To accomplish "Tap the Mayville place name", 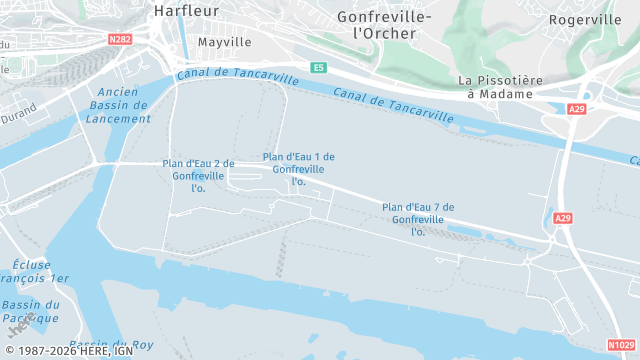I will point(224,42).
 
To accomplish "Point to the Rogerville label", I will point(585,19).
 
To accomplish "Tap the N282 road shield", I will point(120,40).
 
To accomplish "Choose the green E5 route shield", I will point(318,67).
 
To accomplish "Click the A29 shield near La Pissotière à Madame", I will point(576,109).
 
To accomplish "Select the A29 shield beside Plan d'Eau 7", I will point(563,218).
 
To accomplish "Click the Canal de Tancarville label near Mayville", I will point(237,76).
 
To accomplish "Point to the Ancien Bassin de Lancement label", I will point(120,104).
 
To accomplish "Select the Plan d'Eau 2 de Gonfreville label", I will point(198,175).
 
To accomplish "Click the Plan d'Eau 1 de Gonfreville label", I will point(298,169).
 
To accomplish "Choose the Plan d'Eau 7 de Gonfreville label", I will point(418,219).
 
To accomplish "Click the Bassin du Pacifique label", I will point(30,311).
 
